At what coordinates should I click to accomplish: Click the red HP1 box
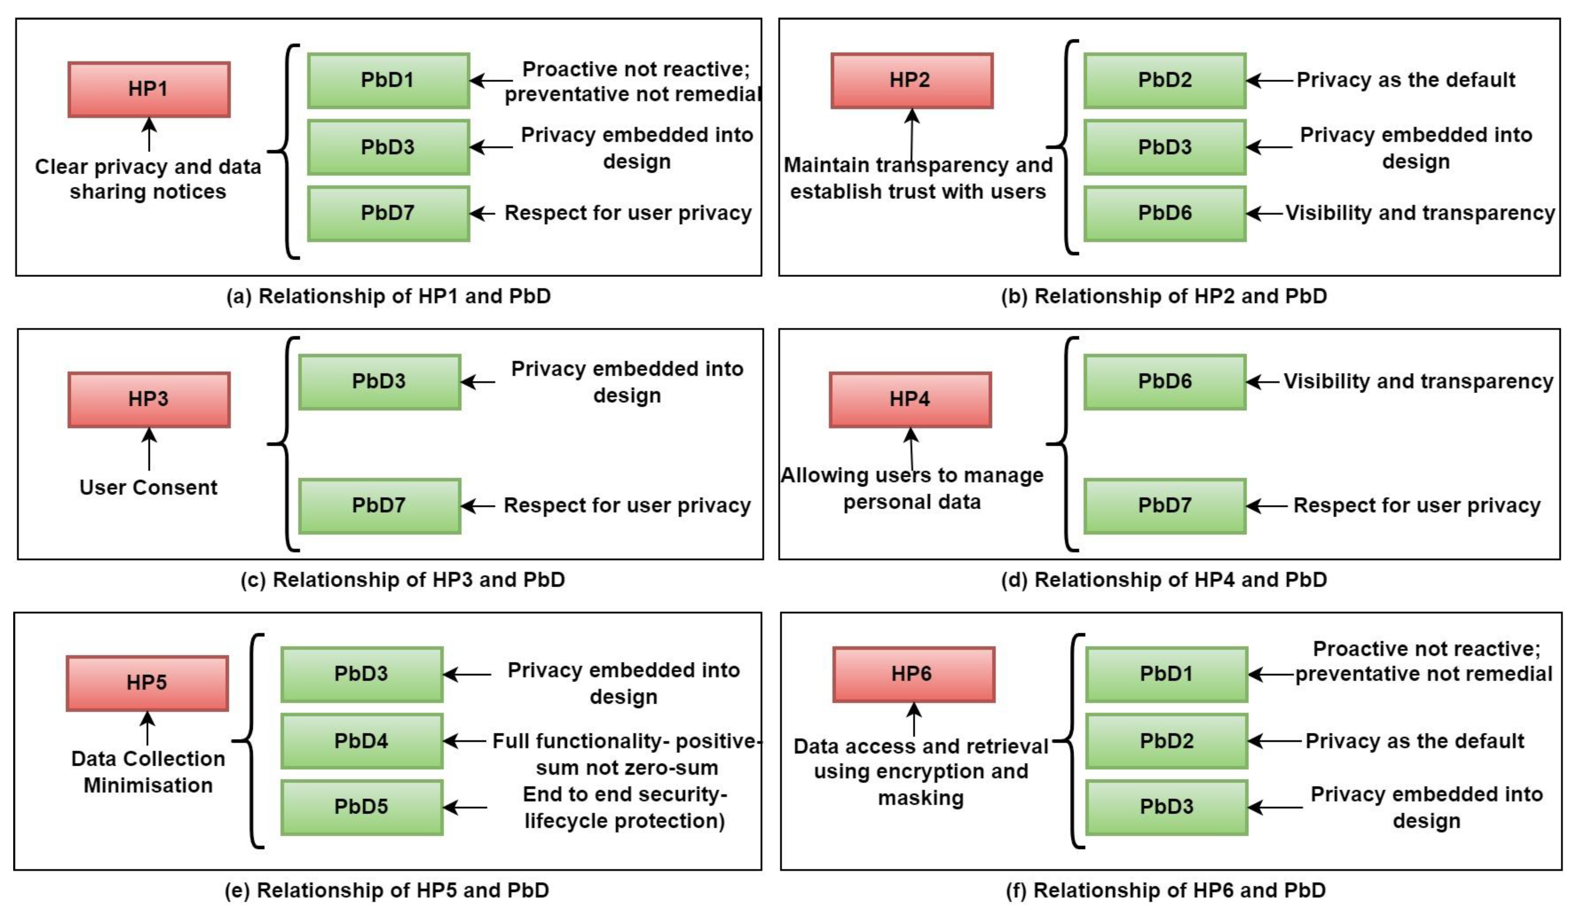(x=149, y=89)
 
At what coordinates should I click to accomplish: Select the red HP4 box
(x=910, y=399)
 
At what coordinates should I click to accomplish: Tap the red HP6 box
(x=913, y=674)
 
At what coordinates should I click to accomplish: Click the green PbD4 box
(x=362, y=741)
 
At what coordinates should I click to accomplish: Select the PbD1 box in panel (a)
(x=388, y=80)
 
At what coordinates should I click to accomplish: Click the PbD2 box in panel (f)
(x=1166, y=741)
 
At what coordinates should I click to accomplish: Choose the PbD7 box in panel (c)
(x=379, y=506)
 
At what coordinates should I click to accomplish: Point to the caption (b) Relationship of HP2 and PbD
(x=1164, y=296)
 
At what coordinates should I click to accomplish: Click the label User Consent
(x=149, y=488)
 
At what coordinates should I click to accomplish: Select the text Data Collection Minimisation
(x=148, y=772)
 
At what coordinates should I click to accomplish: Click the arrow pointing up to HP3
(x=149, y=449)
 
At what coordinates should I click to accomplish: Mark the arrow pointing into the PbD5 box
(x=466, y=807)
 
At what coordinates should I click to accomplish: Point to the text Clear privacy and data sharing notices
(x=148, y=179)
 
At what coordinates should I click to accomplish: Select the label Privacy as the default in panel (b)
(x=1405, y=80)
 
